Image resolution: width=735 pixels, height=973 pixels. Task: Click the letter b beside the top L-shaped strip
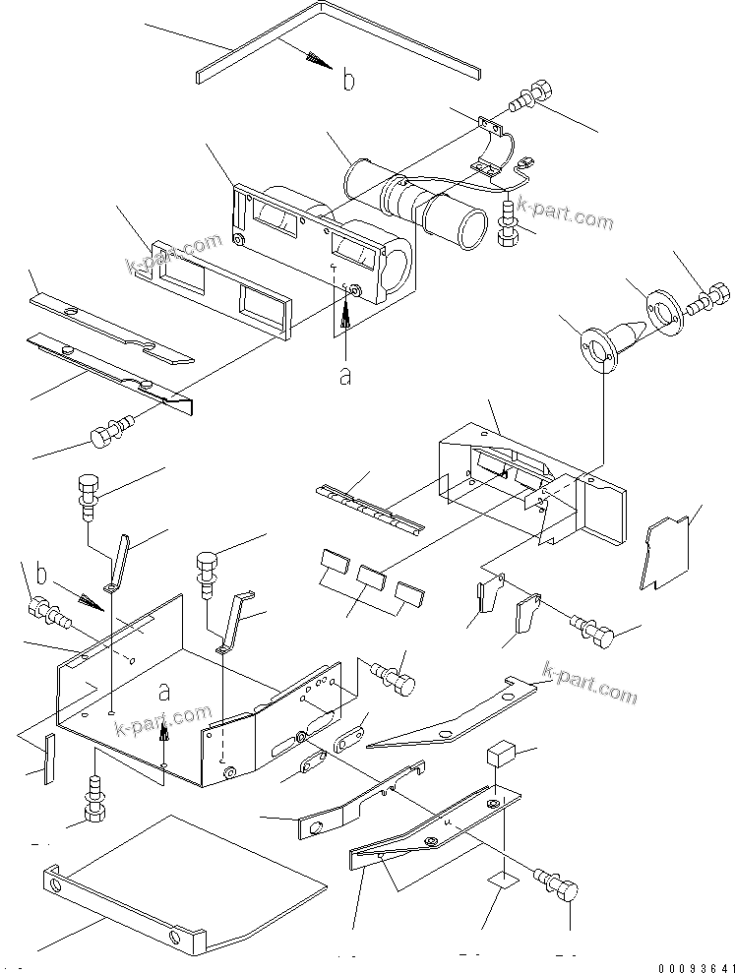[347, 80]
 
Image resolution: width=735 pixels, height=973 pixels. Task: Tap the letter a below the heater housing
[344, 376]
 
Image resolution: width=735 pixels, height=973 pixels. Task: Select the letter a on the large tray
[164, 692]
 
